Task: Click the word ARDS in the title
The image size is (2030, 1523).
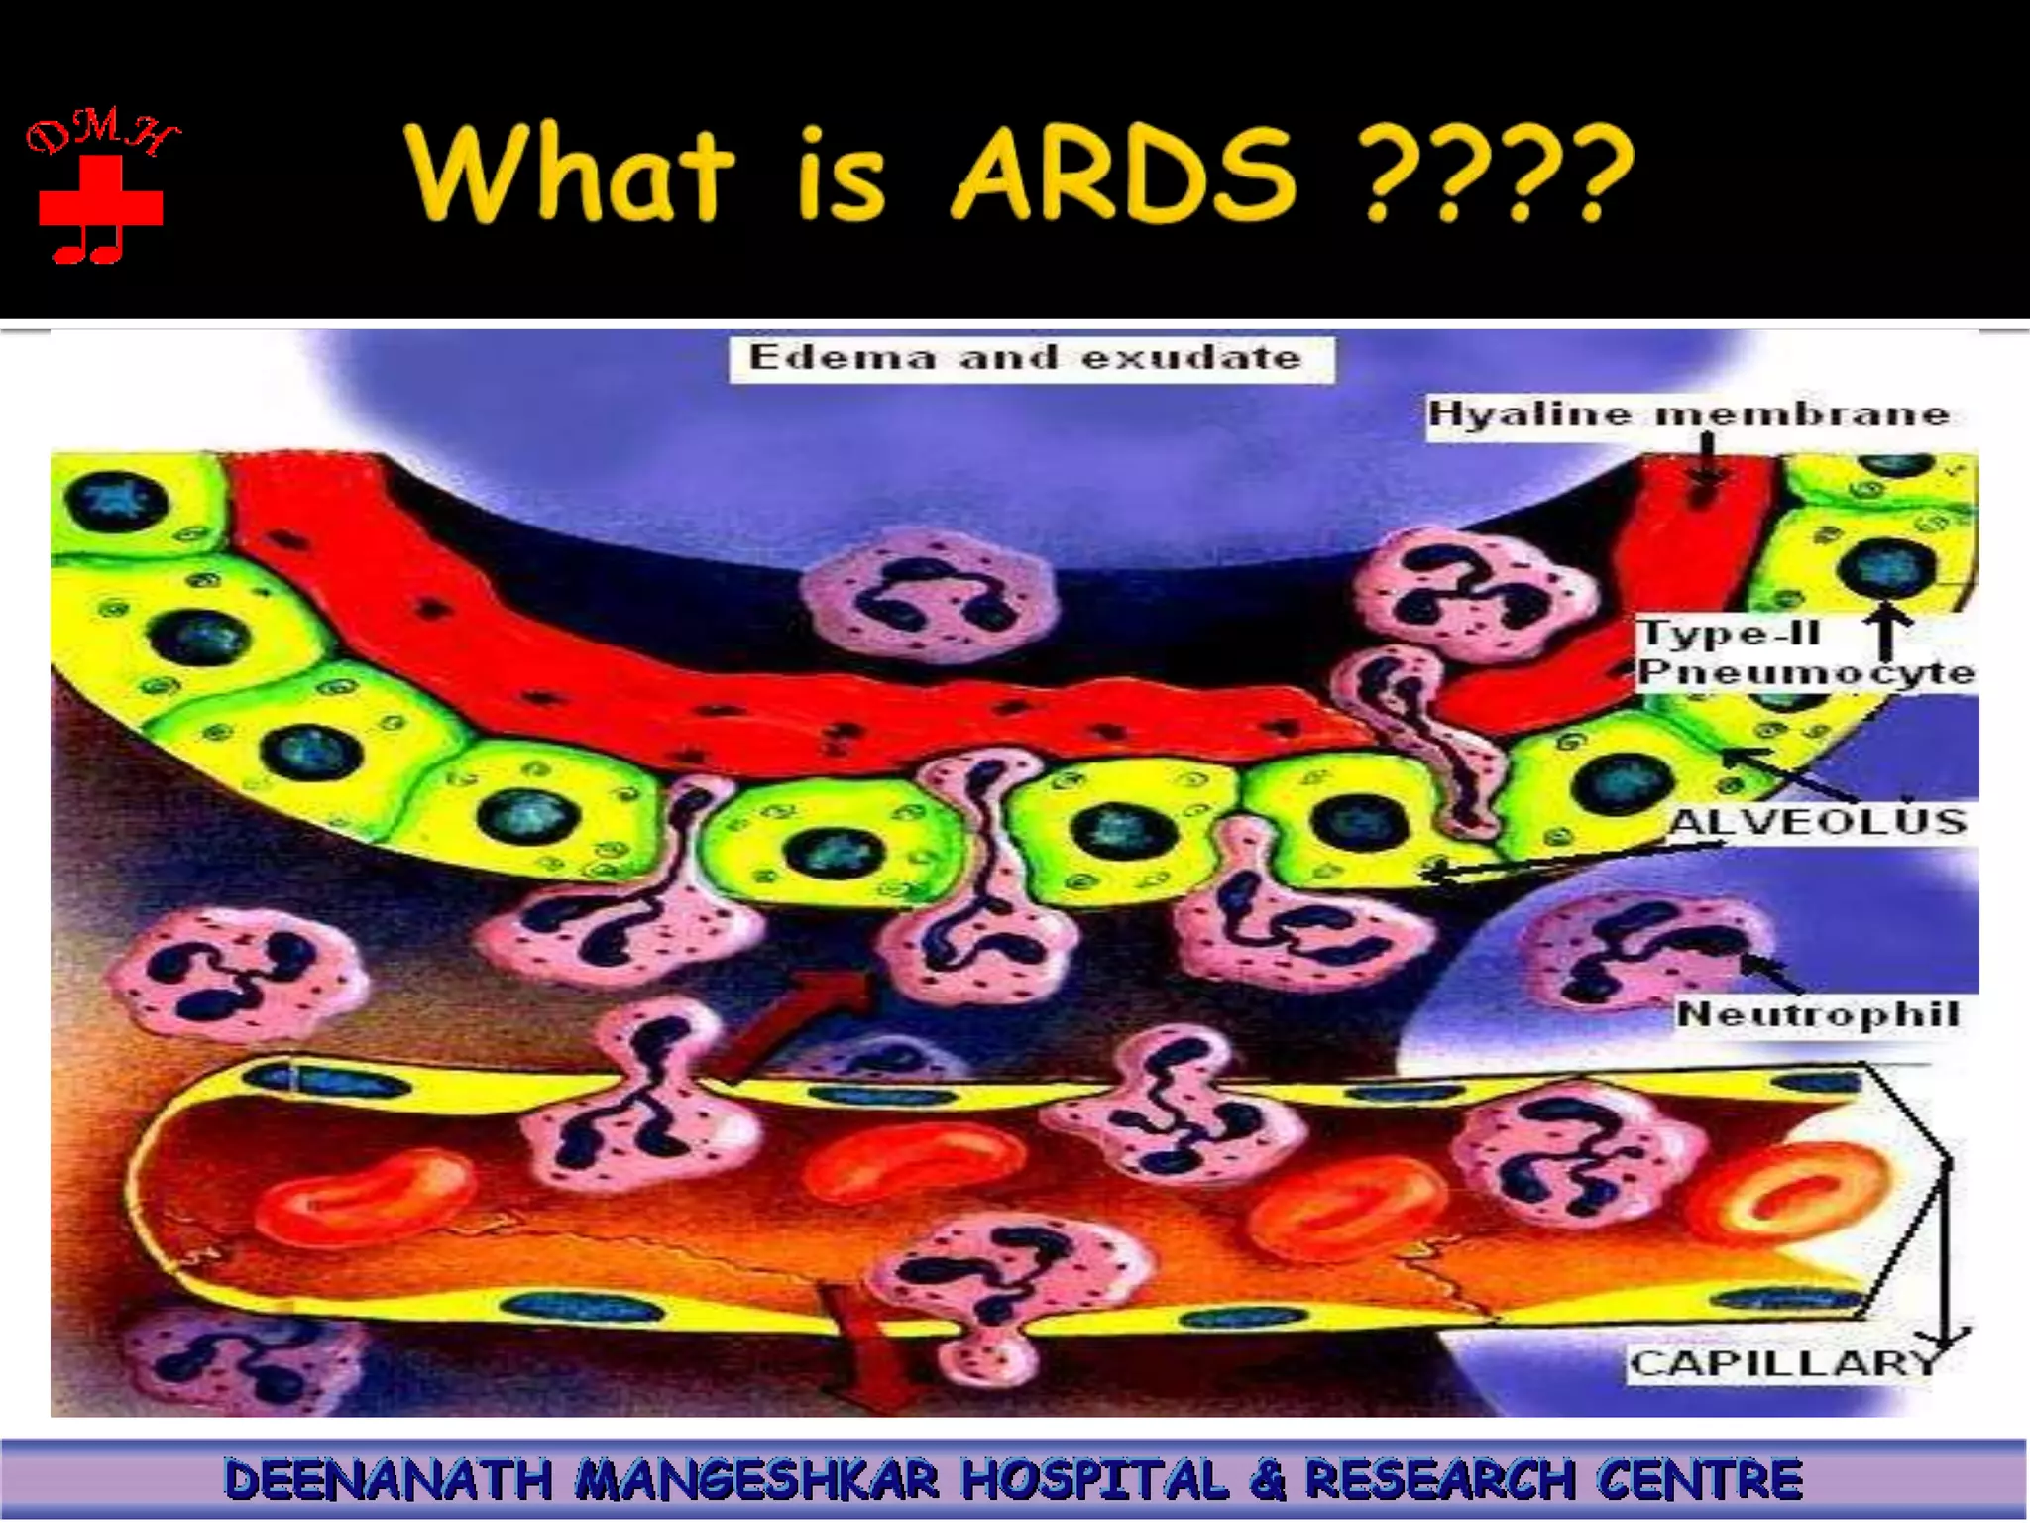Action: coord(1124,175)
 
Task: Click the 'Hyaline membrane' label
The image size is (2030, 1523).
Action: coord(1688,413)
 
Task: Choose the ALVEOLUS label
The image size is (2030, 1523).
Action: coord(1817,821)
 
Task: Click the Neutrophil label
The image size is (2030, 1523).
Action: coord(1817,1013)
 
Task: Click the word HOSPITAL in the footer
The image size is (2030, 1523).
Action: coord(1095,1479)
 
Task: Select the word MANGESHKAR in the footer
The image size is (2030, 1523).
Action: coord(757,1479)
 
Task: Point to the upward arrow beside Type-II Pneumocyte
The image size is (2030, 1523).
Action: coord(1886,635)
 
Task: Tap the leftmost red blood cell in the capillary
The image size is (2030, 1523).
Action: coord(362,1193)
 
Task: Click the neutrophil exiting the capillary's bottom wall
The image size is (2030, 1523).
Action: coord(1001,1289)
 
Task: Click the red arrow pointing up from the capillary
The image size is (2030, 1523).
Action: coord(793,1026)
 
